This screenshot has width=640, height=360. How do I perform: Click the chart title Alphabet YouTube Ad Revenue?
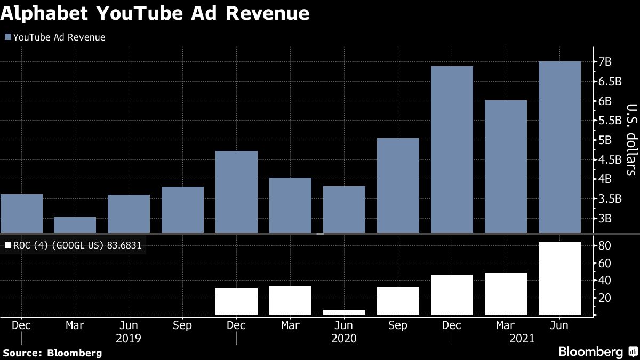coord(155,13)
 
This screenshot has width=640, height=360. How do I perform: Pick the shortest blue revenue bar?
coord(75,225)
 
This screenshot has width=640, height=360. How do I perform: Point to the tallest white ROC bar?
coord(559,278)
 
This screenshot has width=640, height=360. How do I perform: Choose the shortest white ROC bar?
coord(344,312)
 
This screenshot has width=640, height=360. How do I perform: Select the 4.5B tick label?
coord(607,159)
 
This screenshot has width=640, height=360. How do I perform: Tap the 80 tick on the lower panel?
coord(604,246)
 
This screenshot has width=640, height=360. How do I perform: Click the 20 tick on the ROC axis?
coord(604,298)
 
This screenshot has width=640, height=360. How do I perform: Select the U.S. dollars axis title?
coord(630,139)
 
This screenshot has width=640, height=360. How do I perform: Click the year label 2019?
coord(129,338)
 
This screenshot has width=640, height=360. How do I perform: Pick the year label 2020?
coord(344,338)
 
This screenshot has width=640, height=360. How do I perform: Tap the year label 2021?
coord(521,338)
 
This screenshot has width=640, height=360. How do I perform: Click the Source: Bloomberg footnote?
coord(52,353)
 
